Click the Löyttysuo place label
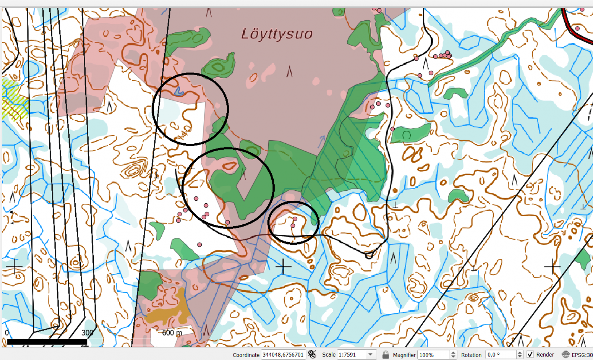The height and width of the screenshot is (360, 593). pos(277,34)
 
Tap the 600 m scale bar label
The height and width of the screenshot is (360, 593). pos(172,333)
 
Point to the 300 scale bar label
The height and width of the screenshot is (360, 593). pos(87,333)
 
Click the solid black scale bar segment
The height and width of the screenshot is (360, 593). pos(47,342)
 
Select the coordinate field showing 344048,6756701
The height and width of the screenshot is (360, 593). pos(283,354)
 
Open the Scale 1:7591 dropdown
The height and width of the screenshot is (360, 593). pos(370,354)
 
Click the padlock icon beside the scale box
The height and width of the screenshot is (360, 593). pos(385,354)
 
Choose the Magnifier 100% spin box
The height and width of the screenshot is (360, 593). pos(434,354)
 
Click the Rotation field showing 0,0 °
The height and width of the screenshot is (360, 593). pos(500,354)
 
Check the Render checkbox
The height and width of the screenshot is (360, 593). pos(530,354)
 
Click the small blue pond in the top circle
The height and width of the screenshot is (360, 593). pos(179,91)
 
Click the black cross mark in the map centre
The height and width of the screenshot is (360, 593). pos(284,266)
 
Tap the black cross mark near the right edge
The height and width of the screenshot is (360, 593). pos(552,266)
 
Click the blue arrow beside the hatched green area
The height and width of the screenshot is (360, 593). pos(321,141)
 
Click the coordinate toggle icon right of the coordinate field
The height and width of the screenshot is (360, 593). pos(312,354)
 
